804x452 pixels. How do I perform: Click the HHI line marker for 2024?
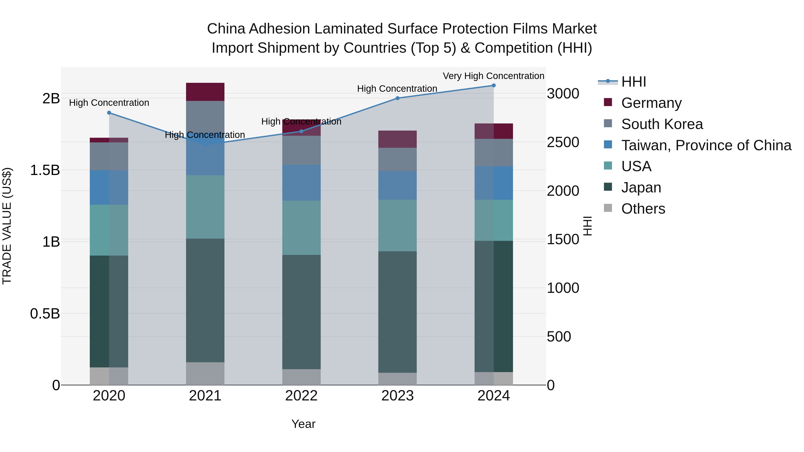pyautogui.click(x=493, y=85)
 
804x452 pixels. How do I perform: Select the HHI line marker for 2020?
pyautogui.click(x=109, y=113)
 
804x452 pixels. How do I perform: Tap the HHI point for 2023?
pyautogui.click(x=397, y=98)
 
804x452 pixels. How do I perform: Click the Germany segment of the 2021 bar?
pyautogui.click(x=205, y=92)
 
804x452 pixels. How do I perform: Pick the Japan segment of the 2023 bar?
pyautogui.click(x=397, y=312)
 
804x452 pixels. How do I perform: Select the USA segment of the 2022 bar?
pyautogui.click(x=301, y=228)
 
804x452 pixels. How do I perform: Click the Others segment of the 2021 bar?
pyautogui.click(x=205, y=373)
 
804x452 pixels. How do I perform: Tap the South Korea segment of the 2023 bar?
pyautogui.click(x=397, y=159)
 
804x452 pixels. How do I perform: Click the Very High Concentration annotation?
pyautogui.click(x=493, y=76)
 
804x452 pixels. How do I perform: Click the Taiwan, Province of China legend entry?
pyautogui.click(x=706, y=145)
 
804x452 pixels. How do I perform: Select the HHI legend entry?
pyautogui.click(x=633, y=82)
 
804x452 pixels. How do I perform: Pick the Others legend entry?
pyautogui.click(x=643, y=209)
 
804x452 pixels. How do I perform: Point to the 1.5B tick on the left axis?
pyautogui.click(x=45, y=170)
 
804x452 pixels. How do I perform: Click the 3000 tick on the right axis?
pyautogui.click(x=563, y=94)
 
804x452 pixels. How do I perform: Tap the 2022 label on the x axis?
pyautogui.click(x=301, y=396)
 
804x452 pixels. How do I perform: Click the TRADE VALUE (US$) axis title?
pyautogui.click(x=7, y=226)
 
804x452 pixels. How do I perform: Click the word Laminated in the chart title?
pyautogui.click(x=349, y=29)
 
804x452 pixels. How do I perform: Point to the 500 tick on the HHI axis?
pyautogui.click(x=559, y=337)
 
